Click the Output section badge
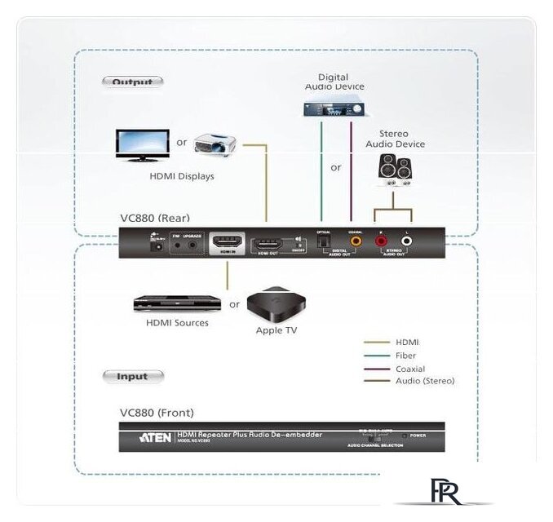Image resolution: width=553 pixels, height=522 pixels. click(132, 82)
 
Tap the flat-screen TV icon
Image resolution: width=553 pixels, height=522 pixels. click(142, 144)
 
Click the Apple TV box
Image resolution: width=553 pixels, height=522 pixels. click(276, 305)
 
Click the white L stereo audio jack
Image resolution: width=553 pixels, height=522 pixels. click(407, 242)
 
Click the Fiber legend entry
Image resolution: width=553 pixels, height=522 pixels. click(405, 356)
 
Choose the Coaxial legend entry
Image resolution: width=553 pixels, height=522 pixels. click(409, 369)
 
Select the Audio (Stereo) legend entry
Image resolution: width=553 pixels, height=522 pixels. click(424, 381)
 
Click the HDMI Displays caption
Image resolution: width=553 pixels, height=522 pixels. click(182, 175)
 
